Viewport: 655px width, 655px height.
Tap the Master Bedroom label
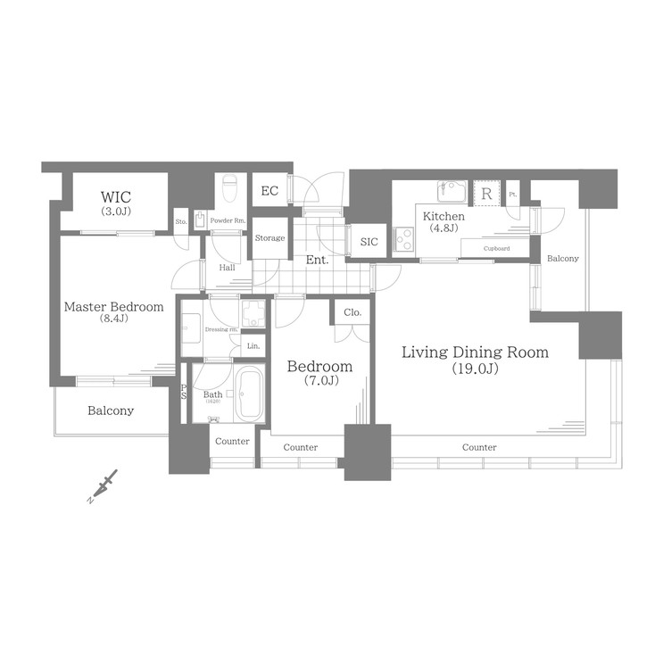[113, 307]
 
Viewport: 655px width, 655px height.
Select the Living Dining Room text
[475, 352]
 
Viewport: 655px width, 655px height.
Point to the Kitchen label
[444, 217]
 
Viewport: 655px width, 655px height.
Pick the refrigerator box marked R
[487, 193]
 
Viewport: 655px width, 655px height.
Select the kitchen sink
[451, 192]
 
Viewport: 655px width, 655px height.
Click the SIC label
[369, 242]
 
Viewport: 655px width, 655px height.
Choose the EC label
[269, 191]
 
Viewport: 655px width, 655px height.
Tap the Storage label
[269, 238]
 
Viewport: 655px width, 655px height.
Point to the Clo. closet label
[352, 313]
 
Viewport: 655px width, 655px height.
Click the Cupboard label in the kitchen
[496, 248]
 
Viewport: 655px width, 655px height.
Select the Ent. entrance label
[317, 261]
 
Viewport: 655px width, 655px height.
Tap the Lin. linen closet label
[253, 345]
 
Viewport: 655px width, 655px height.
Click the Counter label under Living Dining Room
[479, 447]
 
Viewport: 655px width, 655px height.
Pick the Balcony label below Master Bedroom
[111, 411]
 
